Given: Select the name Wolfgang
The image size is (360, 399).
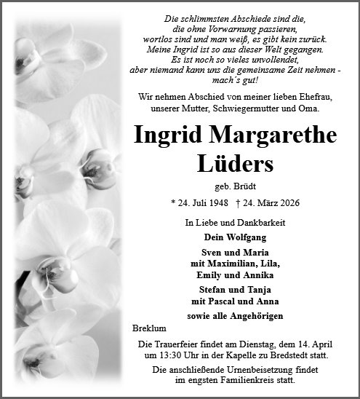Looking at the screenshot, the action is pos(245,237).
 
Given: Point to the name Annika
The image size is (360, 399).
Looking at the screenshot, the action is pos(253,274).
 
